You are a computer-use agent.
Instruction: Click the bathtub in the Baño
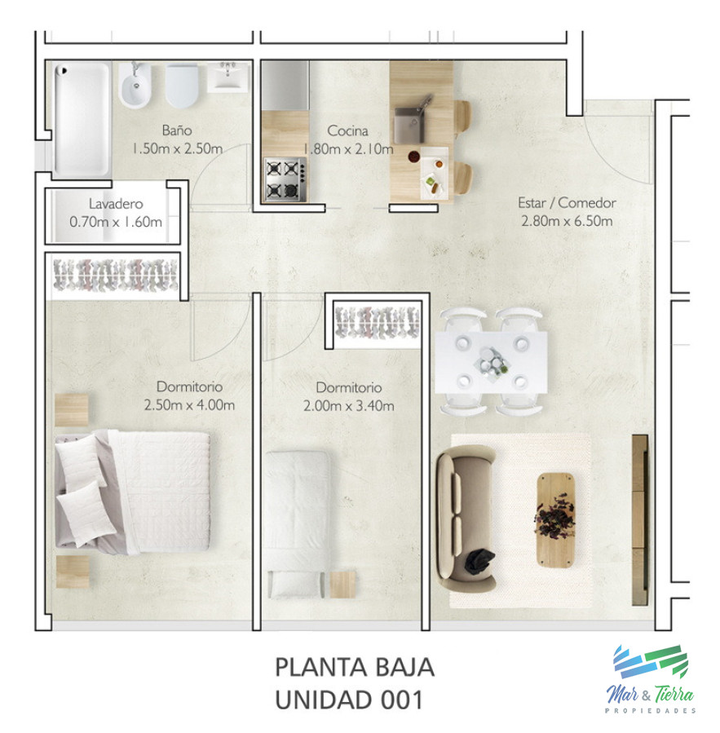[x=82, y=118]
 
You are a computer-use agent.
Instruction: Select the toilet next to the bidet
[x=182, y=86]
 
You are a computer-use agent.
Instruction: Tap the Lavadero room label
[x=117, y=204]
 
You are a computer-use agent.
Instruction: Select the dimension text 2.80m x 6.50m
[x=567, y=221]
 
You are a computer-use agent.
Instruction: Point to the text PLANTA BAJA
[x=354, y=668]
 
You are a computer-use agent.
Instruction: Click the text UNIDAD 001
[x=349, y=700]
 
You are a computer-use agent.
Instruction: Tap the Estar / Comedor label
[x=567, y=203]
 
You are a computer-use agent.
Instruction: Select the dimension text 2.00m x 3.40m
[x=348, y=406]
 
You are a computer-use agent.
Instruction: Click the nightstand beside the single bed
[x=342, y=584]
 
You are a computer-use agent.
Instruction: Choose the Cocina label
[x=347, y=130]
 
